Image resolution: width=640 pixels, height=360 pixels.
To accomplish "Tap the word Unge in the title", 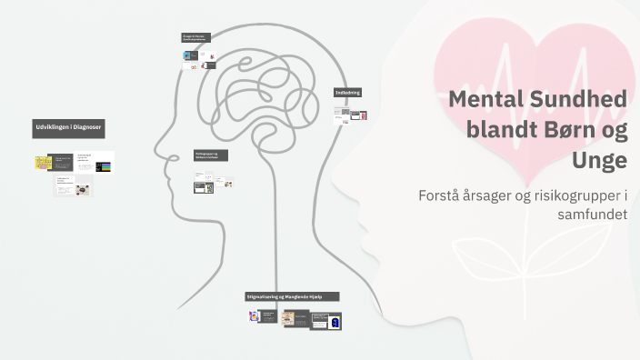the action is tap(599, 160).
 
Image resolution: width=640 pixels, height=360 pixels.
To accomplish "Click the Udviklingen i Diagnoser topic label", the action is tap(68, 127).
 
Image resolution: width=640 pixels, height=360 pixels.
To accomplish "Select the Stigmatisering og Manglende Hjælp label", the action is tap(292, 296).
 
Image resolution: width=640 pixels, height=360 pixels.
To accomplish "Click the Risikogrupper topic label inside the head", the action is tap(210, 155).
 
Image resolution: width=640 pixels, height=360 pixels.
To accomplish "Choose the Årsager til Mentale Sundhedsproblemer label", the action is tap(196, 37).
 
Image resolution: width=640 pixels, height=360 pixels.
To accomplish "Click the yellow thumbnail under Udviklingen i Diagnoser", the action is tap(43, 162).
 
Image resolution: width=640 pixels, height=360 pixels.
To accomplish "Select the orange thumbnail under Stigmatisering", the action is tap(288, 317).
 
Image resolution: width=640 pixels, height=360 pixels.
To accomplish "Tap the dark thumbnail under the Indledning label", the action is tap(357, 115).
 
